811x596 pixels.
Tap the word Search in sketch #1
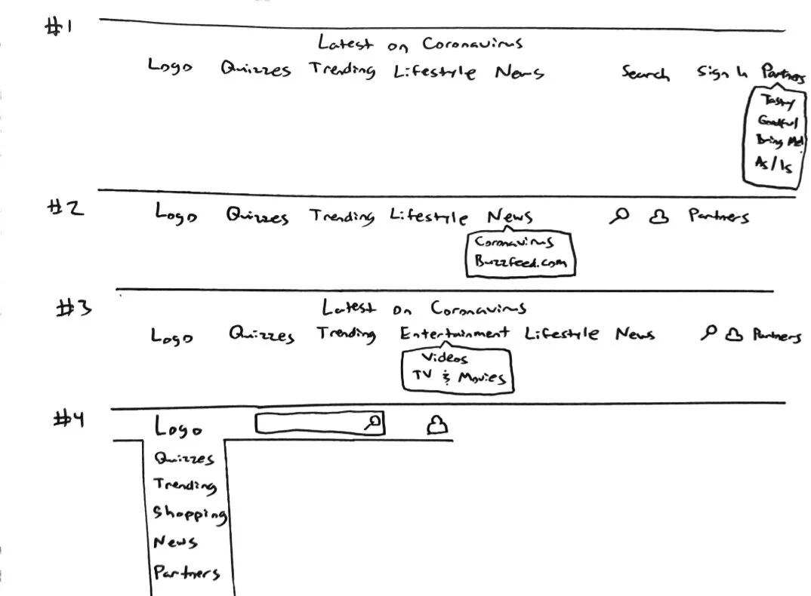(645, 73)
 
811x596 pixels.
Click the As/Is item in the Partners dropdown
(773, 164)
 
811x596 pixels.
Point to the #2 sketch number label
(66, 209)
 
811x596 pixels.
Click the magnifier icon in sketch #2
(619, 217)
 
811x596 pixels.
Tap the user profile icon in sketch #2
(659, 217)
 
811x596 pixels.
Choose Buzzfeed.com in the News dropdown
(520, 263)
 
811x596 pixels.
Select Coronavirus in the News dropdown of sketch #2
(513, 242)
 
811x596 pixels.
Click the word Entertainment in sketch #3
(455, 333)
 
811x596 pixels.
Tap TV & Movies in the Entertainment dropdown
(458, 376)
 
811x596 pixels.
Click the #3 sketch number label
(74, 308)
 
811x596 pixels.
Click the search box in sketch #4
(310, 425)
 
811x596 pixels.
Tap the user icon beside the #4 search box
(436, 427)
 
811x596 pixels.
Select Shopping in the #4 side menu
(190, 514)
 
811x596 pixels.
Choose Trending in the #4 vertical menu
(185, 486)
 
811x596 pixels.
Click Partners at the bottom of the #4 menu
(187, 573)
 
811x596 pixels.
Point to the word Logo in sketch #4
(178, 428)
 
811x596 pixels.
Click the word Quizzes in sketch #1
(255, 70)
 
